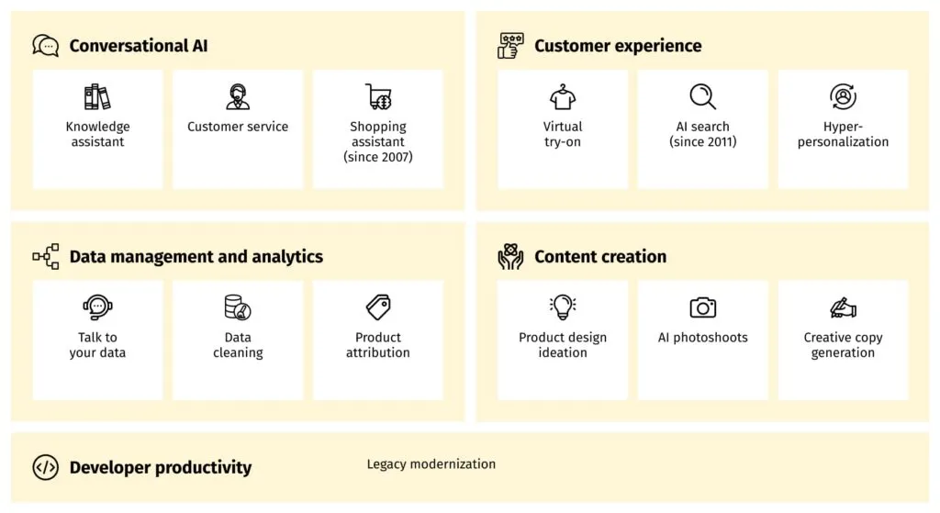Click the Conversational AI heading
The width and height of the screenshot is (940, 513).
tap(139, 46)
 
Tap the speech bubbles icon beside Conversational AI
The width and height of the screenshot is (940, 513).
tap(45, 45)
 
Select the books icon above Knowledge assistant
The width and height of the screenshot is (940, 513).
tap(97, 96)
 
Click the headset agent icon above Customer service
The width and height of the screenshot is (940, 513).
tap(238, 96)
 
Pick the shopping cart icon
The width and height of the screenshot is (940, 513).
tap(378, 96)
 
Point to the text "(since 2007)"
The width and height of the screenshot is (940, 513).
tap(378, 157)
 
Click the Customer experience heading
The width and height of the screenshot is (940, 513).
tap(618, 46)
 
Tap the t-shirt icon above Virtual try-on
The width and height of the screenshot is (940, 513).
tap(563, 96)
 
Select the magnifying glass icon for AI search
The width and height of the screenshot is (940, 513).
tap(703, 96)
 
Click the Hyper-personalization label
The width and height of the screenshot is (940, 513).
tap(843, 134)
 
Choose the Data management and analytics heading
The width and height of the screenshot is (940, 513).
tap(196, 257)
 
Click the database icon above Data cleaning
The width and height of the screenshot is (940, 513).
tap(238, 307)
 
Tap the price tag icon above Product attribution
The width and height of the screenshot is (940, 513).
tap(378, 307)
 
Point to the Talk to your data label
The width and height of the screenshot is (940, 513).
tap(97, 345)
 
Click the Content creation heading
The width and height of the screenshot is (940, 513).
tap(600, 257)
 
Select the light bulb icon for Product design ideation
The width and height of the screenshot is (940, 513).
tap(563, 307)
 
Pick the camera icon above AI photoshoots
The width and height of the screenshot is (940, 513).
tap(703, 307)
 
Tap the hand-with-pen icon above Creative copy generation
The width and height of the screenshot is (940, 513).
tap(843, 307)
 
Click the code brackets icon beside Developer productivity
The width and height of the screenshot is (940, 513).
tap(45, 467)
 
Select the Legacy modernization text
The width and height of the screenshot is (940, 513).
tap(431, 464)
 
